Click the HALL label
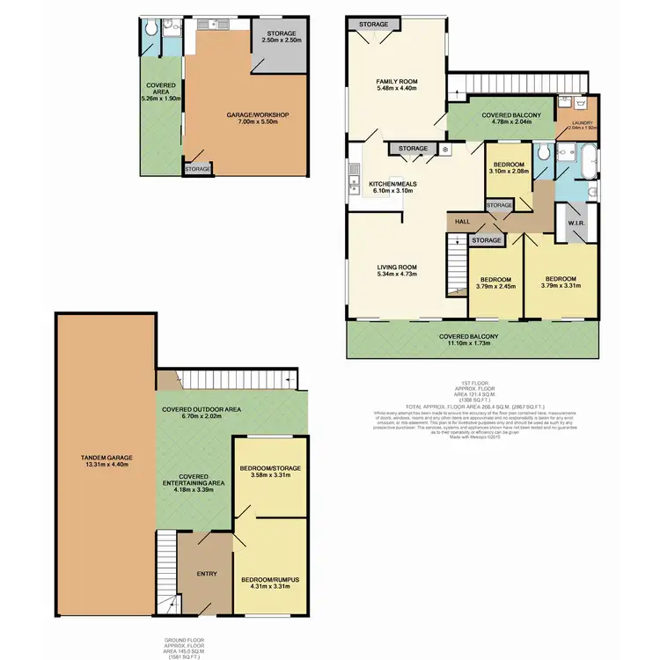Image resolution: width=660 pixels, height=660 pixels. (461, 223)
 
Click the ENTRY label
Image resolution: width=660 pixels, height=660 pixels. (207, 574)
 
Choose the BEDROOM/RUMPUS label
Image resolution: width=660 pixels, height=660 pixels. (271, 578)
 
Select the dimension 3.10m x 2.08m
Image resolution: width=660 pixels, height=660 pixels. (510, 172)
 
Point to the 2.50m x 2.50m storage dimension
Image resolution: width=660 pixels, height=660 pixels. (281, 40)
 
